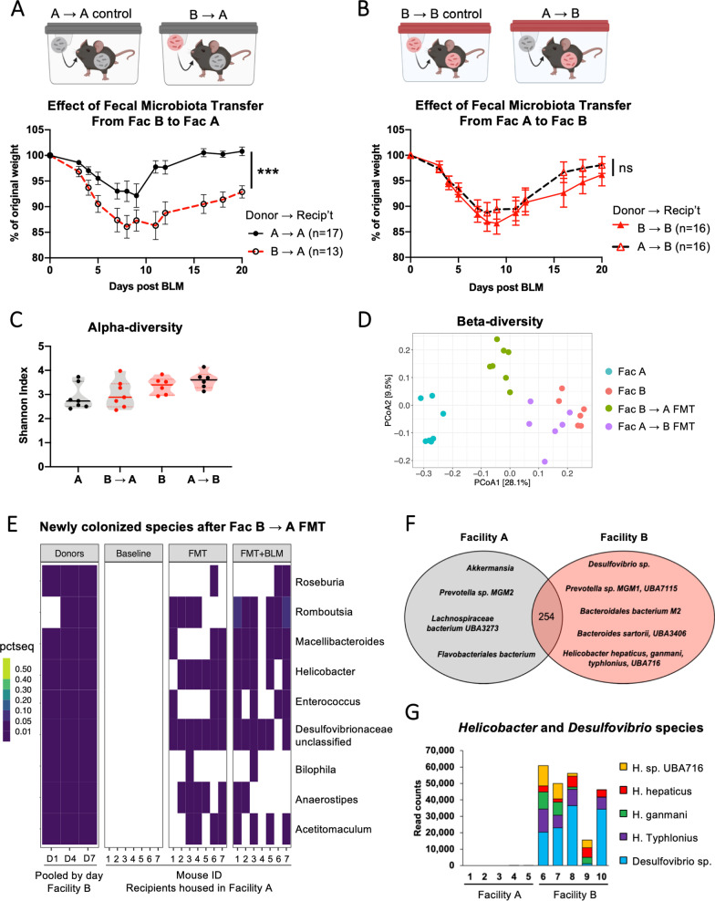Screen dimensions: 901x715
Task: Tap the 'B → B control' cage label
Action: pyautogui.click(x=455, y=13)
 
